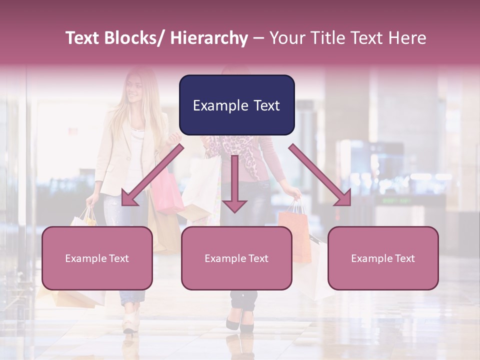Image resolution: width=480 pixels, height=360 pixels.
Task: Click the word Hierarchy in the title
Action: tap(209, 38)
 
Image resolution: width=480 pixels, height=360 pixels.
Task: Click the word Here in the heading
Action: tap(407, 38)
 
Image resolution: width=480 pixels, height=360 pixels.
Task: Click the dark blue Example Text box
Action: tap(236, 105)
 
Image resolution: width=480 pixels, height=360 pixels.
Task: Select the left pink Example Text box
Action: tap(97, 258)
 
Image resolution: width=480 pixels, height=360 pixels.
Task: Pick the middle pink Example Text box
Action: tap(236, 258)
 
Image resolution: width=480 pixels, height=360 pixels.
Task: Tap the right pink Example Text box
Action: tap(383, 258)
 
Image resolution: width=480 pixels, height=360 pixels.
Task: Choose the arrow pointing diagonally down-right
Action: tap(320, 175)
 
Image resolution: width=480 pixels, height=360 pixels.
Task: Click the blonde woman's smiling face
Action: tap(134, 90)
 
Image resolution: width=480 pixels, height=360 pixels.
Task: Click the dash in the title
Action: tap(258, 38)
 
